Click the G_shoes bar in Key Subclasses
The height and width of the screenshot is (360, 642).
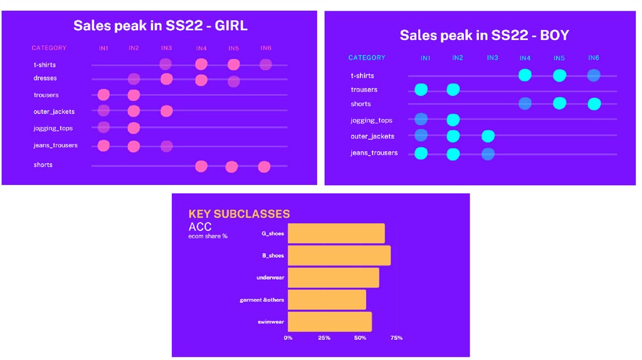pyautogui.click(x=336, y=233)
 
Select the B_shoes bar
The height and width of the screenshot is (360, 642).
pyautogui.click(x=339, y=255)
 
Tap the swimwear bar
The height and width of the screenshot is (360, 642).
pyautogui.click(x=329, y=322)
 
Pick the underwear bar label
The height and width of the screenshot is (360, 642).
pyautogui.click(x=270, y=277)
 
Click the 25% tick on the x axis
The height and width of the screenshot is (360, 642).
pyautogui.click(x=324, y=338)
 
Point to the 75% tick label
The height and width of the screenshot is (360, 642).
pyautogui.click(x=396, y=338)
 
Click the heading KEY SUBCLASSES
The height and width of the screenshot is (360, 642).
pyautogui.click(x=239, y=214)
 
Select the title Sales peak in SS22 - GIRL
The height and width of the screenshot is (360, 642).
pyautogui.click(x=160, y=26)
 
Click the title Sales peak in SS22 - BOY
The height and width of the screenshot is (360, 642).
pyautogui.click(x=484, y=35)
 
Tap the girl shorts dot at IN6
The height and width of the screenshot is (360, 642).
pyautogui.click(x=264, y=166)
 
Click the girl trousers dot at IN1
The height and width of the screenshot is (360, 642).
pyautogui.click(x=103, y=95)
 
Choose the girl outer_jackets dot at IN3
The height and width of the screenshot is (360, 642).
pyautogui.click(x=166, y=112)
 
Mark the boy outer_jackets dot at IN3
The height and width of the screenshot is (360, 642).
pyautogui.click(x=488, y=136)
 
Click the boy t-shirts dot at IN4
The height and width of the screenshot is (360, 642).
pyautogui.click(x=525, y=75)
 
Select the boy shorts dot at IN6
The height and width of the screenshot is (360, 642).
pyautogui.click(x=594, y=103)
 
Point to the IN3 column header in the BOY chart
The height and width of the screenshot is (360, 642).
pyautogui.click(x=492, y=58)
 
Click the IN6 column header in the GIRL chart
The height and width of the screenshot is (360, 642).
pyautogui.click(x=266, y=48)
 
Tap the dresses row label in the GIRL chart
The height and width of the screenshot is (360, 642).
pyautogui.click(x=45, y=78)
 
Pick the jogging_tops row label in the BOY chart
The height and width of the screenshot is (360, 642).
pyautogui.click(x=371, y=120)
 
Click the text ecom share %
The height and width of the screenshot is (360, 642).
pyautogui.click(x=208, y=236)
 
